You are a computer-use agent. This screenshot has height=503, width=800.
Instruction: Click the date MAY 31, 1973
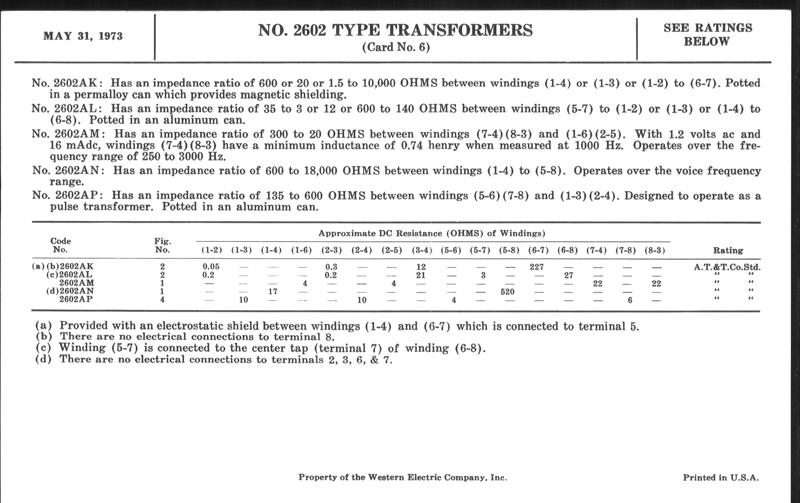click(83, 36)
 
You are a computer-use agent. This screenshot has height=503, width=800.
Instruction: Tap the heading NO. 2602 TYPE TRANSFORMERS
click(395, 30)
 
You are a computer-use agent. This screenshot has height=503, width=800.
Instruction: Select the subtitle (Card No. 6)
click(396, 47)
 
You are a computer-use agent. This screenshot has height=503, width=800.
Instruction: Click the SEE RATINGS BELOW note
click(708, 35)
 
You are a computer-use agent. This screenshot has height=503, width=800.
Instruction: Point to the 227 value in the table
click(537, 267)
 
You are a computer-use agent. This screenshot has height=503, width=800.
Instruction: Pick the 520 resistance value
click(507, 292)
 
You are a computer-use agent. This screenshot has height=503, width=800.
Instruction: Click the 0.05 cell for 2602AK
click(211, 267)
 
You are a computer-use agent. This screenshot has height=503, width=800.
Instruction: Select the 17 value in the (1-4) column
click(273, 292)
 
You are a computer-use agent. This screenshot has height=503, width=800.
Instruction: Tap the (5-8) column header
click(509, 250)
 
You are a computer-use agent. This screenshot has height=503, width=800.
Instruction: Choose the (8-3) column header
click(655, 250)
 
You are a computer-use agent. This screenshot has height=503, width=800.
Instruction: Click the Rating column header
click(728, 250)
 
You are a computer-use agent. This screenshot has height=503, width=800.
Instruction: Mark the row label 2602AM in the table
click(77, 283)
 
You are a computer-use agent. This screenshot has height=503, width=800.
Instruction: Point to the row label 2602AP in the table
click(76, 299)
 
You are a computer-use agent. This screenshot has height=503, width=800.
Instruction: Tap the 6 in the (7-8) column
click(630, 300)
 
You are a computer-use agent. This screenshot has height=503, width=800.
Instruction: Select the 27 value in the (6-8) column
click(568, 275)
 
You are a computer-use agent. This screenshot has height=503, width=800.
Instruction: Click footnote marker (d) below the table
click(43, 359)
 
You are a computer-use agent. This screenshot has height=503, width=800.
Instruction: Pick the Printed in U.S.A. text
click(721, 478)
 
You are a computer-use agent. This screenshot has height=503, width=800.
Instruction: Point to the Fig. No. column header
click(162, 245)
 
